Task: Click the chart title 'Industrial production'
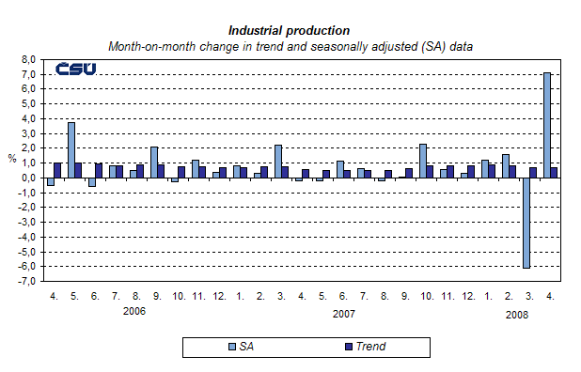pyautogui.click(x=289, y=31)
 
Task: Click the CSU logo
pyautogui.click(x=75, y=69)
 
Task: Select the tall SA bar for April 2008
pyautogui.click(x=546, y=125)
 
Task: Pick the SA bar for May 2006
pyautogui.click(x=71, y=150)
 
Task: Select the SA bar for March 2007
pyautogui.click(x=278, y=162)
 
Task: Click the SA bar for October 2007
pyautogui.click(x=423, y=161)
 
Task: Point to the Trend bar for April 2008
pyautogui.click(x=554, y=173)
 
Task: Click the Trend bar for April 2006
pyautogui.click(x=57, y=170)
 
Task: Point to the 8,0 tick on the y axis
pyautogui.click(x=27, y=58)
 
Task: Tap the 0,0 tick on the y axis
pyautogui.click(x=27, y=178)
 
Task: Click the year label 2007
pyautogui.click(x=344, y=314)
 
